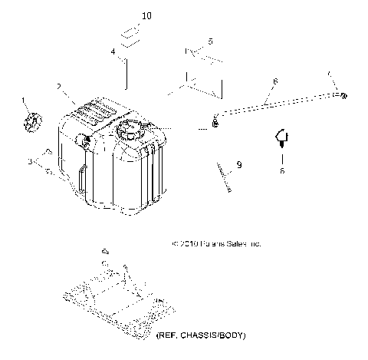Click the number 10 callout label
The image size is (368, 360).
click(x=126, y=16)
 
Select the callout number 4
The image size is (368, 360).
click(x=113, y=51)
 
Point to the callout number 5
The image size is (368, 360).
click(x=211, y=40)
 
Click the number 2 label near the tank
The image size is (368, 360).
click(x=59, y=87)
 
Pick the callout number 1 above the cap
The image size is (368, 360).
click(x=24, y=101)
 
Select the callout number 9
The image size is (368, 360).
click(x=238, y=164)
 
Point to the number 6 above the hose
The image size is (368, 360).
click(x=274, y=81)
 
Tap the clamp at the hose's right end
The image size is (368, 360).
click(x=344, y=94)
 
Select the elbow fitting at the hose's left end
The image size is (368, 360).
click(x=215, y=120)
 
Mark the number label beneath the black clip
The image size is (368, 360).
click(x=281, y=172)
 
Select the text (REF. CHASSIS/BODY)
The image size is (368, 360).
click(x=202, y=336)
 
